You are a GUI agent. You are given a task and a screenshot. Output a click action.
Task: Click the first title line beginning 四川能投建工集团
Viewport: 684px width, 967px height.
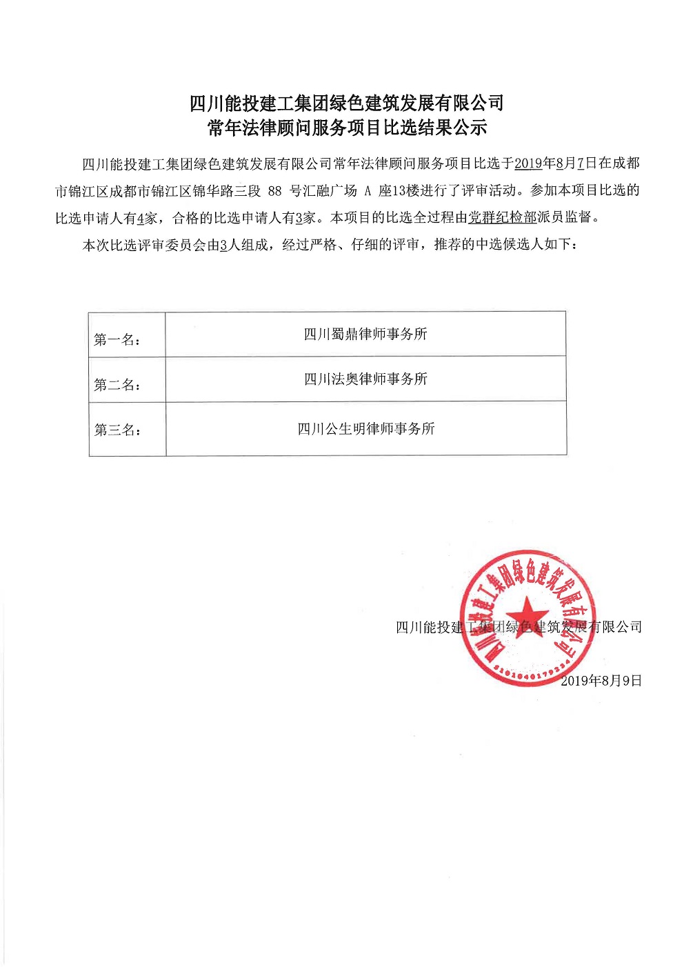click(346, 103)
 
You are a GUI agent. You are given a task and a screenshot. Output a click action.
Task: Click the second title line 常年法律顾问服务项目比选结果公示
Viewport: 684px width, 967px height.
click(346, 128)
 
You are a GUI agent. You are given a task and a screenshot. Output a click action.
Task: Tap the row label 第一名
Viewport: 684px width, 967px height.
click(117, 339)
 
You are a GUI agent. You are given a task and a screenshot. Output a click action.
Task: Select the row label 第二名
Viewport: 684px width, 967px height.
click(117, 385)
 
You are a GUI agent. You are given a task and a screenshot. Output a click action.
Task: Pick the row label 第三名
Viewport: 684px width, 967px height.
click(117, 430)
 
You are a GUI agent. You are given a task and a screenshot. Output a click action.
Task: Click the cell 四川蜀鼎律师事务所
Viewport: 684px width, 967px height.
click(365, 335)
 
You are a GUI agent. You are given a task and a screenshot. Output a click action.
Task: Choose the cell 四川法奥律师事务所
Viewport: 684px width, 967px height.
click(365, 379)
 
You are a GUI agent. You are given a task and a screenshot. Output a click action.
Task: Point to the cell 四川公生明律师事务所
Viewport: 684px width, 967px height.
click(365, 429)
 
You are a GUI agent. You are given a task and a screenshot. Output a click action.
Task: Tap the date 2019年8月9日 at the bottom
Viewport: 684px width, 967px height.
click(601, 681)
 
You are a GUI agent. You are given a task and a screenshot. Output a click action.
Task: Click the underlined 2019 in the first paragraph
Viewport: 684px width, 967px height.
click(529, 163)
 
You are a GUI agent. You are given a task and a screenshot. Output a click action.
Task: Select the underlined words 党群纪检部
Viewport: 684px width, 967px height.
click(502, 218)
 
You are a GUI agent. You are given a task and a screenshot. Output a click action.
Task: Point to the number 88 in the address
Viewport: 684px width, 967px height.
click(274, 191)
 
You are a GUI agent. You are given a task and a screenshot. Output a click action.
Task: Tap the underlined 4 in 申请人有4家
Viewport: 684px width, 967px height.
click(141, 219)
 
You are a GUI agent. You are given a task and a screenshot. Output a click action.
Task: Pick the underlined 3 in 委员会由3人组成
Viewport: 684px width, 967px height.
click(223, 246)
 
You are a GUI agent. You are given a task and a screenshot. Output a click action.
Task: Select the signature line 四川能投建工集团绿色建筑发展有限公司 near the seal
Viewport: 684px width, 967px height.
click(519, 627)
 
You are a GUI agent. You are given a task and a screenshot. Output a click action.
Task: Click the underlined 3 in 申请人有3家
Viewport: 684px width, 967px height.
click(299, 219)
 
